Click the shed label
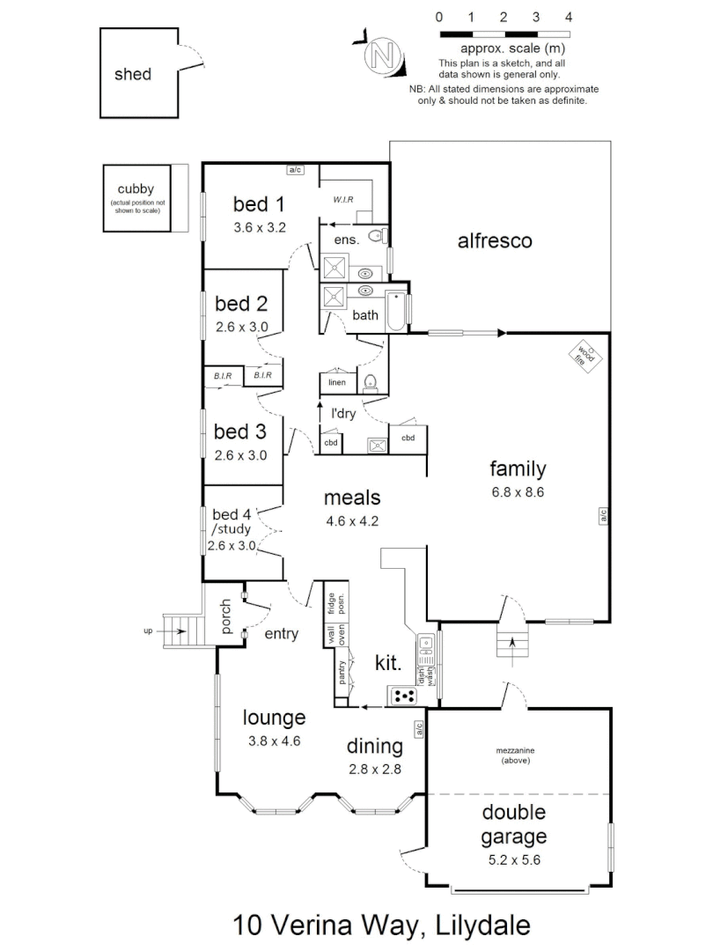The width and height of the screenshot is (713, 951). (133, 75)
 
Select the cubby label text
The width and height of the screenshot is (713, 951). (136, 188)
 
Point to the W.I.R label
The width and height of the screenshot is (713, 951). (343, 200)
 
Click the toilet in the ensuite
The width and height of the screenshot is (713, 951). (377, 235)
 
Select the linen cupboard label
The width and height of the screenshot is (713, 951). (336, 383)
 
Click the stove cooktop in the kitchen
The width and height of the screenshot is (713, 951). (404, 696)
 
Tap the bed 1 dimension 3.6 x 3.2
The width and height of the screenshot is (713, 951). (260, 227)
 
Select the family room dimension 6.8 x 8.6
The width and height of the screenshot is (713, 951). (518, 493)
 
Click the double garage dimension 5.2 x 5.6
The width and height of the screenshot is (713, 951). (513, 859)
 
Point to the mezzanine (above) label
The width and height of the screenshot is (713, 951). (514, 755)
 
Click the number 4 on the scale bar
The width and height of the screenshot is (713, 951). (569, 17)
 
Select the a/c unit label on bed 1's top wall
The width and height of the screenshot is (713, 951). (296, 170)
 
